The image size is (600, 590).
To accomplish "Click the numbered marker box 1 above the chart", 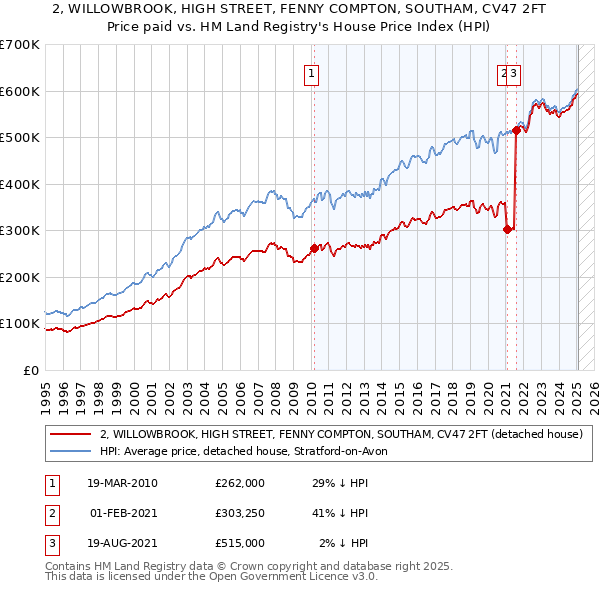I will point(312,72).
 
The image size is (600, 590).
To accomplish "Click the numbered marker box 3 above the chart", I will point(513,72).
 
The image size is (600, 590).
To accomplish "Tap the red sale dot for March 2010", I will point(314,248).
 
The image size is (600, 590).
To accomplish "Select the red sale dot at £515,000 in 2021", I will point(516,130).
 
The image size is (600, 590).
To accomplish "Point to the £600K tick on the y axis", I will point(20,91).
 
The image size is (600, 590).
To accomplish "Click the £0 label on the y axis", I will point(32,370).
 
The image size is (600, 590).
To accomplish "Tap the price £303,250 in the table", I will point(239,513).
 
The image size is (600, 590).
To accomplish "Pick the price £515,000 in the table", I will point(239,543).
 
